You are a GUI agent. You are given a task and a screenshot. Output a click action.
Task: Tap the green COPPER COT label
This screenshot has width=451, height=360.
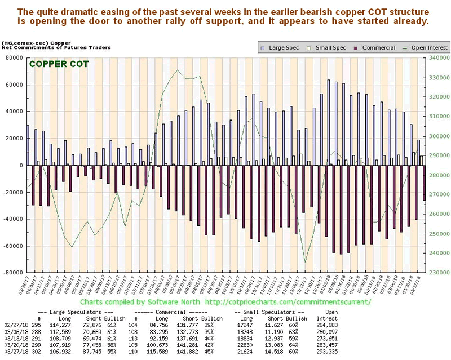tap(59, 64)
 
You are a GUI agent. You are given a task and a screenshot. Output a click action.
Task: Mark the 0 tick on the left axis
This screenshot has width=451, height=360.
tap(22, 165)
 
